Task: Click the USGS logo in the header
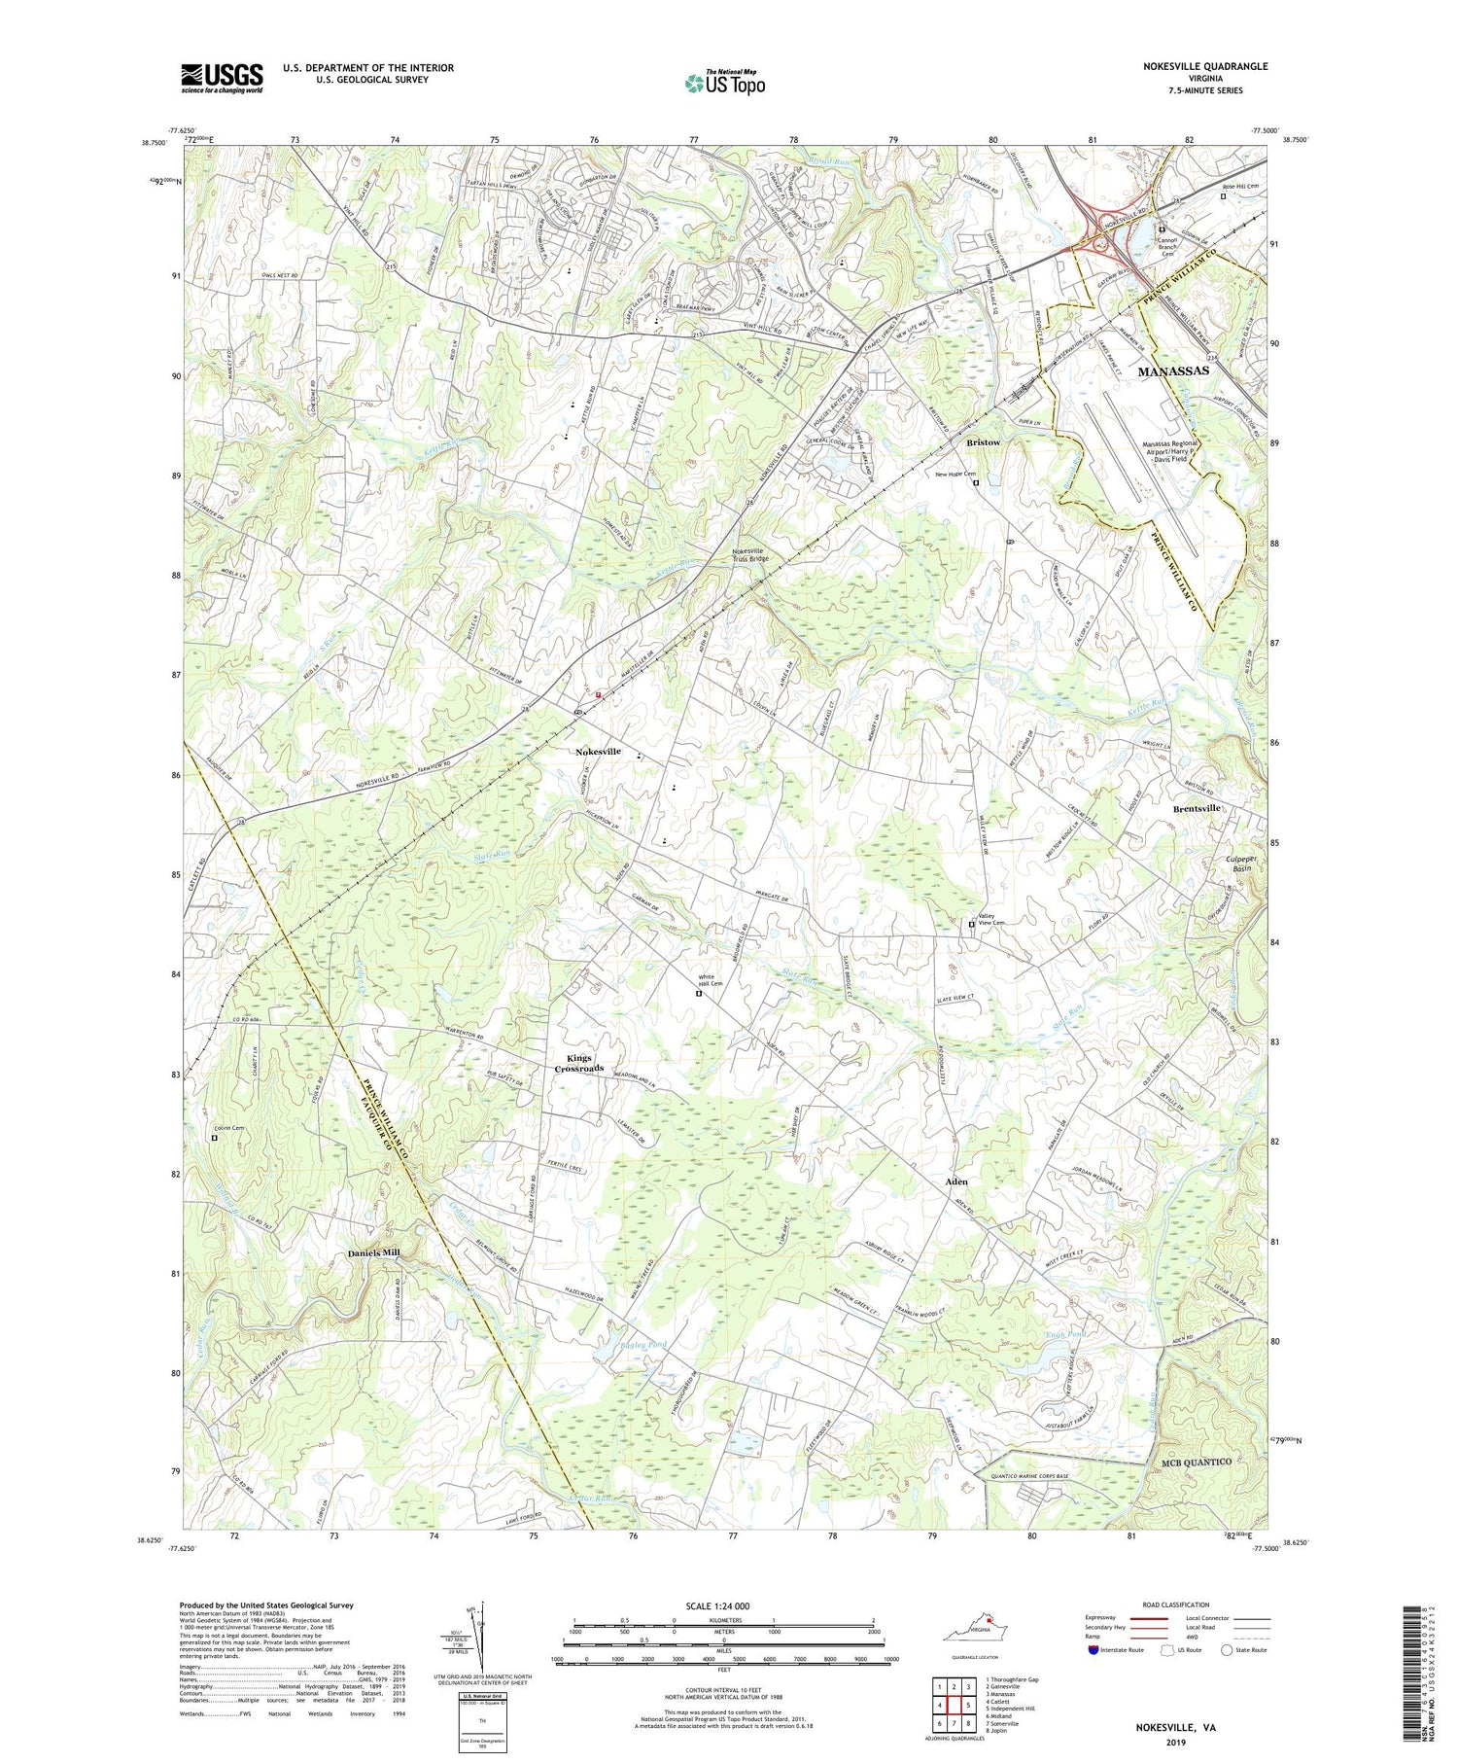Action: pos(222,78)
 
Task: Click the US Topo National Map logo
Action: pos(724,83)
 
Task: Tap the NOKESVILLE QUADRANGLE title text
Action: pos(1205,66)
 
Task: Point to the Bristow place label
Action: pos(983,442)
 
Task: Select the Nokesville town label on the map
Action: pos(598,752)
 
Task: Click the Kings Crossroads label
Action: pos(579,1063)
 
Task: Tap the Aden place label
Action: pos(955,1181)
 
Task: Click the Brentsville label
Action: pos(1197,809)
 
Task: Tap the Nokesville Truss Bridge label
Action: pos(754,553)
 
